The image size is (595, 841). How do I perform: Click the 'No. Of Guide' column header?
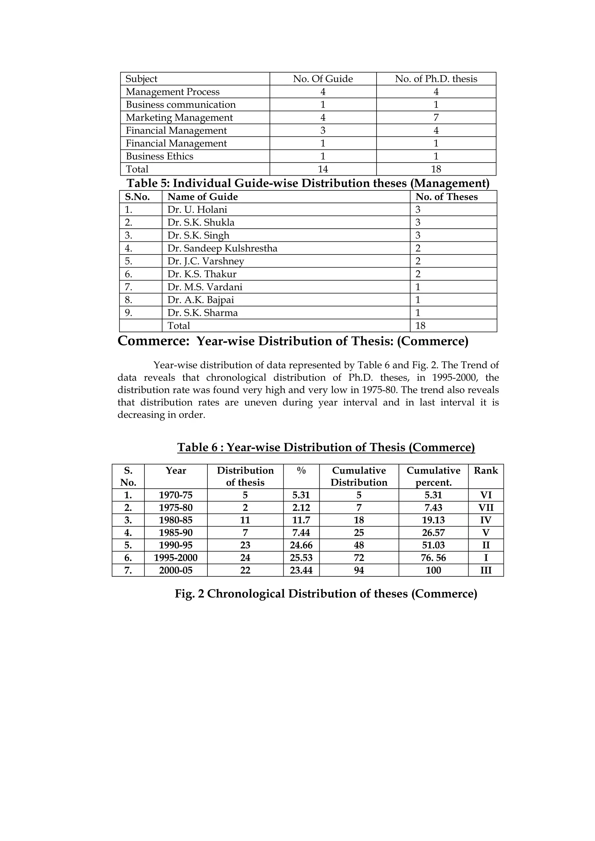pyautogui.click(x=322, y=79)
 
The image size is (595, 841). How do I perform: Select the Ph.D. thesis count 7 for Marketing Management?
pyautogui.click(x=436, y=118)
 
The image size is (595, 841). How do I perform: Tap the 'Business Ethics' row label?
pyautogui.click(x=159, y=156)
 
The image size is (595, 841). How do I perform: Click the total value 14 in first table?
pyautogui.click(x=322, y=169)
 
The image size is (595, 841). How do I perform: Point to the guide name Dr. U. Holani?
pyautogui.click(x=197, y=210)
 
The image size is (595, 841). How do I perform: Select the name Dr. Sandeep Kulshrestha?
pyautogui.click(x=222, y=248)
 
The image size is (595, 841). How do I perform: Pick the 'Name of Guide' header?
pyautogui.click(x=202, y=197)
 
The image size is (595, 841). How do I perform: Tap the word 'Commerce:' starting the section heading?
pyautogui.click(x=153, y=341)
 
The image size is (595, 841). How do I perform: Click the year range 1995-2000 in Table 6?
pyautogui.click(x=175, y=557)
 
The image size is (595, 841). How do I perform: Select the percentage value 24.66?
pyautogui.click(x=301, y=545)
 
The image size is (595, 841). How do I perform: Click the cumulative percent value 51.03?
pyautogui.click(x=433, y=545)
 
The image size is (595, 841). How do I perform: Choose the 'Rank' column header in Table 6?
pyautogui.click(x=486, y=471)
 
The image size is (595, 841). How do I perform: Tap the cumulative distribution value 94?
pyautogui.click(x=359, y=570)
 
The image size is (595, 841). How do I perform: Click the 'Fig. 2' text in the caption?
pyautogui.click(x=189, y=594)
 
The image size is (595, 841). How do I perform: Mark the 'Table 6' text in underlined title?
pyautogui.click(x=198, y=447)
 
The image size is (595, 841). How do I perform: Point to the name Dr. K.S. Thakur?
pyautogui.click(x=202, y=274)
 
